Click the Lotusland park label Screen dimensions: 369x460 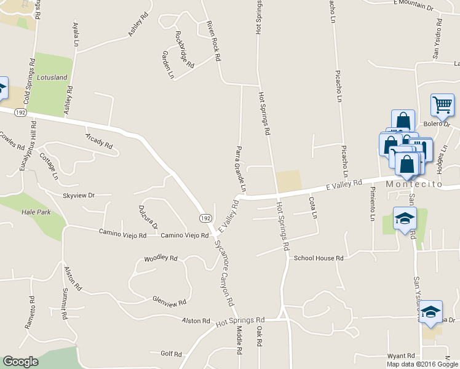tap(52, 78)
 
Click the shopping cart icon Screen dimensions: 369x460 tap(442, 106)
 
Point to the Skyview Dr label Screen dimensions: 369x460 tap(79, 195)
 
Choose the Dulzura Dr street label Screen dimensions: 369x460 tap(148, 217)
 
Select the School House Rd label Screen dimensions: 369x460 tap(318, 258)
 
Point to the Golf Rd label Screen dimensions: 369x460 tap(171, 354)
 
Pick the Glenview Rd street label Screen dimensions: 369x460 tap(169, 301)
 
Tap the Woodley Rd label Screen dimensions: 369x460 tap(161, 258)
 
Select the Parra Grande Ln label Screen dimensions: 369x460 tap(242, 168)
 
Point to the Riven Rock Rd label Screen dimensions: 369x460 tap(213, 41)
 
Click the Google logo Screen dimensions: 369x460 tap(20, 362)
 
